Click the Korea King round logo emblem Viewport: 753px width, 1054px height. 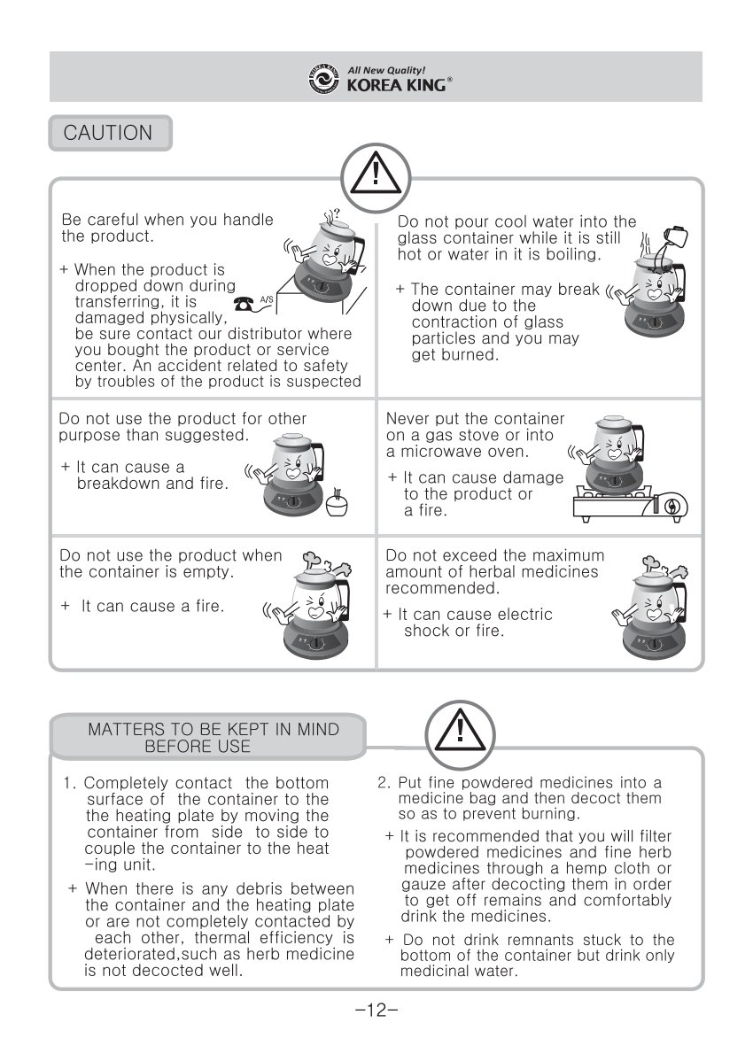[x=323, y=79]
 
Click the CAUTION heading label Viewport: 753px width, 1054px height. [x=108, y=133]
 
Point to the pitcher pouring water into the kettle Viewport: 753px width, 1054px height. [x=674, y=236]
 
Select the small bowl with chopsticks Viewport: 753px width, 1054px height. [x=337, y=502]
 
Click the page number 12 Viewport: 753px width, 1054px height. [x=376, y=1010]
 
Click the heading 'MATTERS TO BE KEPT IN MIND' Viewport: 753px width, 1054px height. [x=213, y=729]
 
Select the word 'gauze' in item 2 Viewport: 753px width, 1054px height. [x=423, y=885]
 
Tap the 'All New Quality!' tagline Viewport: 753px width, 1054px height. [x=386, y=70]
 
